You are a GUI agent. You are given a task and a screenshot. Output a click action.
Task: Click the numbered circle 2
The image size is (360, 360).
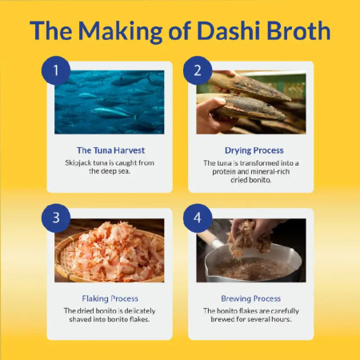coord(198,70)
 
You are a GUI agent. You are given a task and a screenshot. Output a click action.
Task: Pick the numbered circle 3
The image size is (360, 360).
coord(56,218)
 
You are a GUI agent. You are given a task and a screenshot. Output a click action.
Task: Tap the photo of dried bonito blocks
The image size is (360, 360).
coord(250,102)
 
